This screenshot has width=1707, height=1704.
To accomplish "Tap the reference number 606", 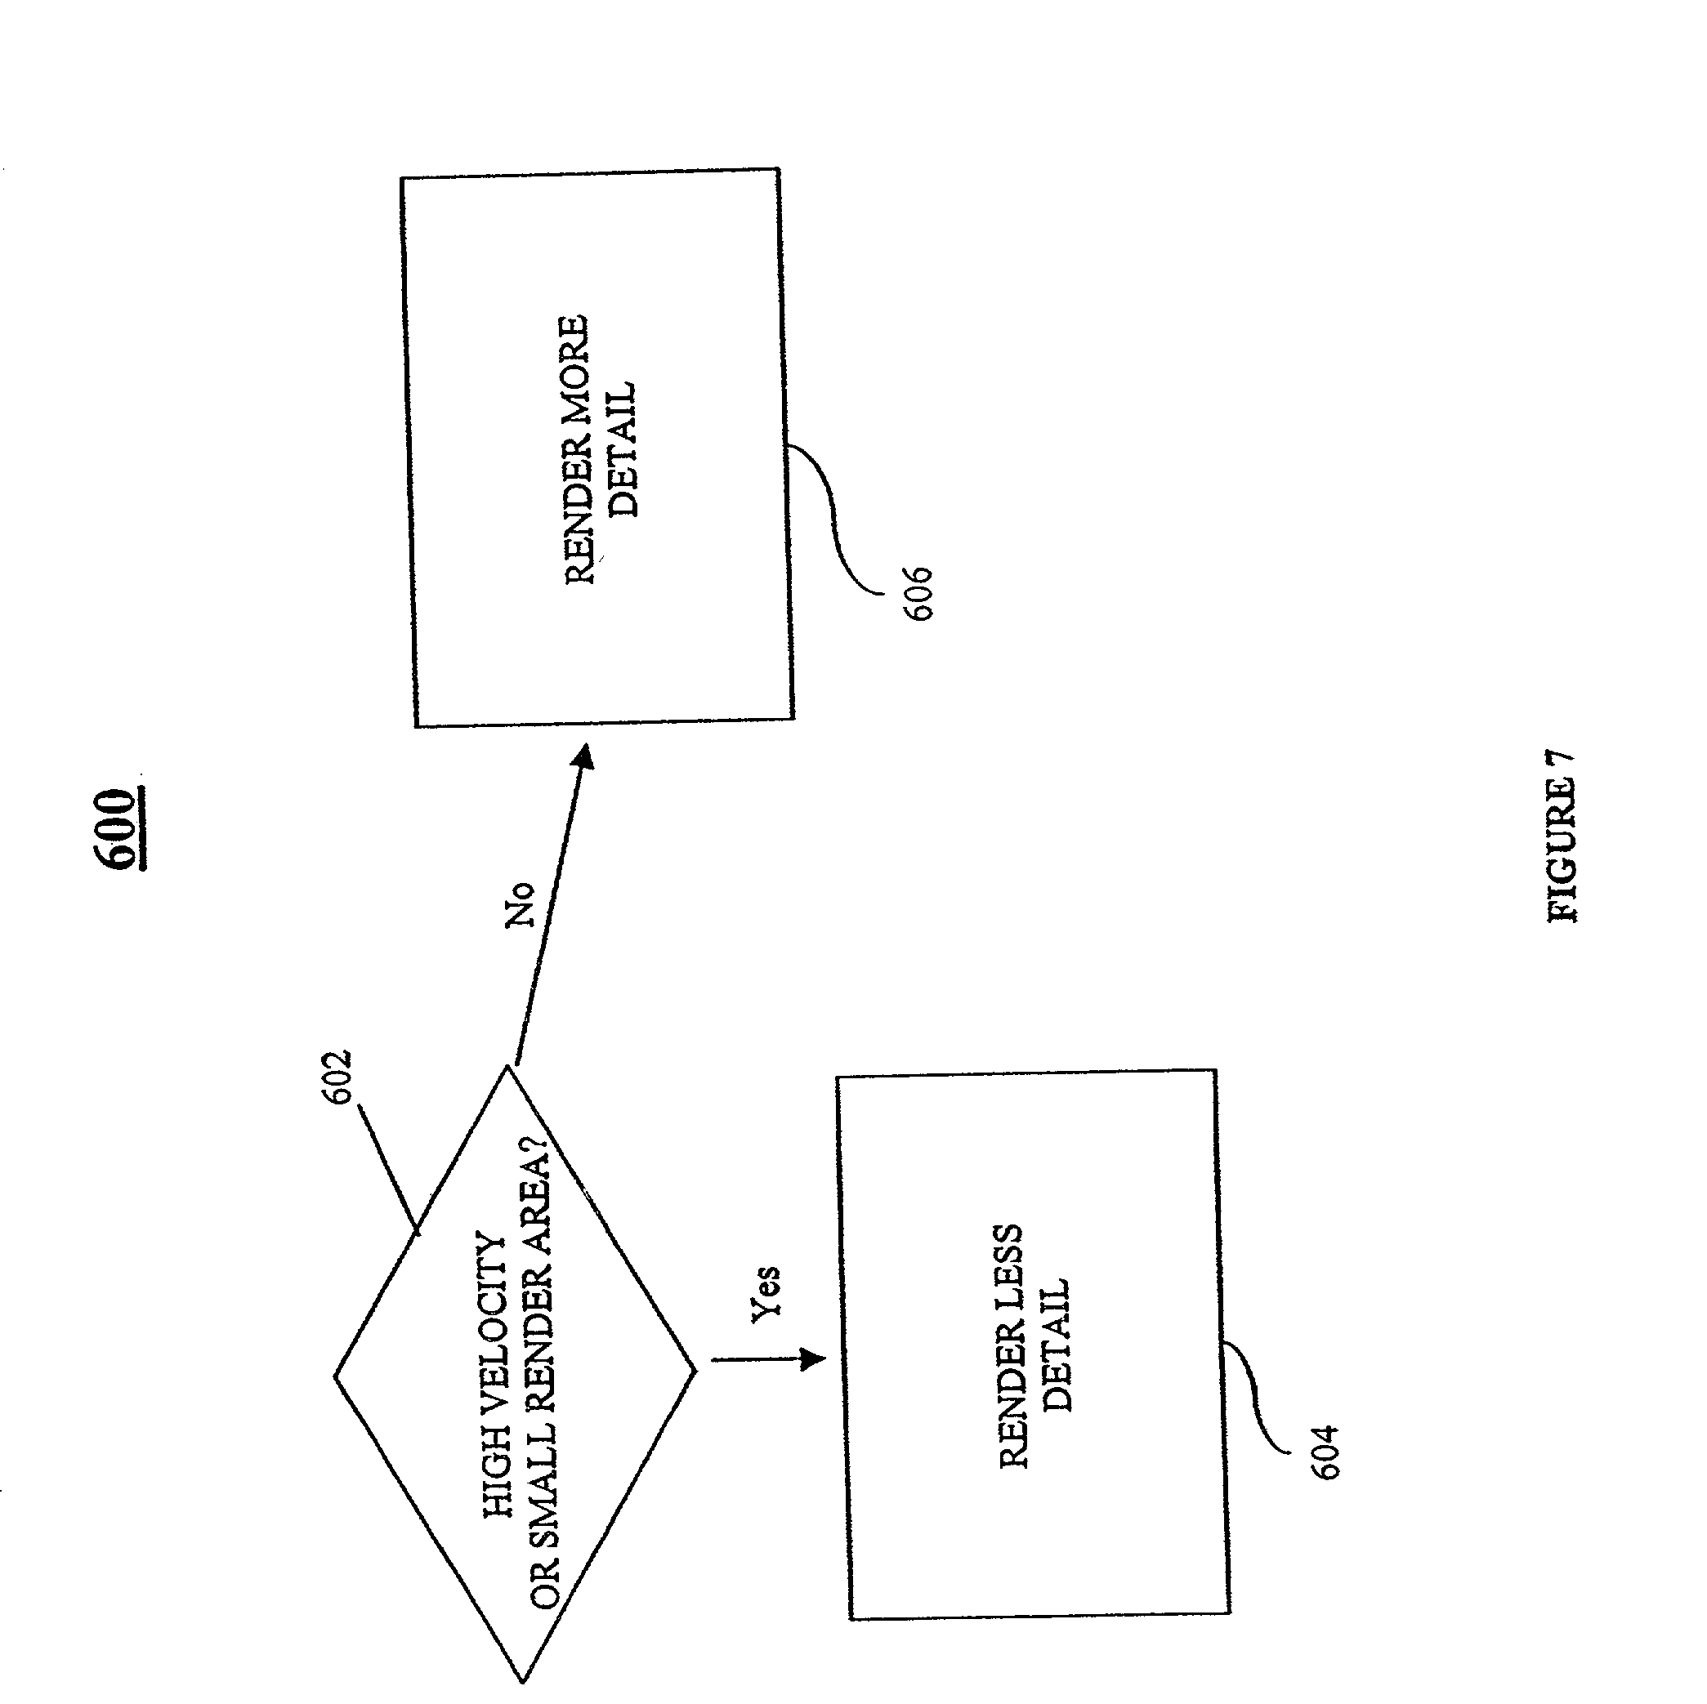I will (x=917, y=594).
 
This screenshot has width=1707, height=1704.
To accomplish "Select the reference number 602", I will (x=337, y=1077).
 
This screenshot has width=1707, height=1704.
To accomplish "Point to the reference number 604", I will (x=1325, y=1452).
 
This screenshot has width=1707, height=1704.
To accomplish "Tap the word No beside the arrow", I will (x=521, y=904).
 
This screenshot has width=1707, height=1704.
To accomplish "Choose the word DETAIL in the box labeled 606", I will (x=623, y=449).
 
